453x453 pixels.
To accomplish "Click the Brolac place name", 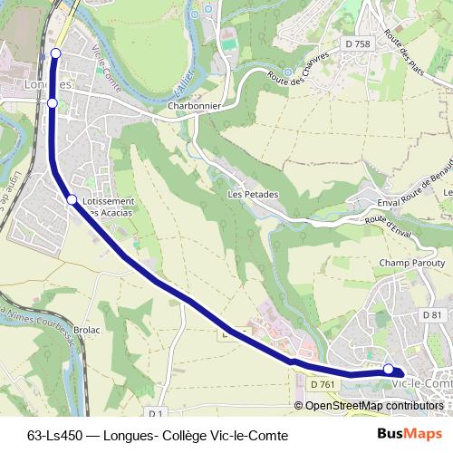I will (86, 331).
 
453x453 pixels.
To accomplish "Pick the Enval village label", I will (387, 204).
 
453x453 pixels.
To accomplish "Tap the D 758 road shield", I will (358, 44).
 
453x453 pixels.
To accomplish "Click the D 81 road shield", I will (433, 314).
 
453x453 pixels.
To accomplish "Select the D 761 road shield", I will (323, 384).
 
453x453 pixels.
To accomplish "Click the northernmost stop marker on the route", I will (55, 53).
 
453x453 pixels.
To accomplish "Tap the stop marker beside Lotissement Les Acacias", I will (72, 199).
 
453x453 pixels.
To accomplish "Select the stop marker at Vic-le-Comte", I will (389, 369).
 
